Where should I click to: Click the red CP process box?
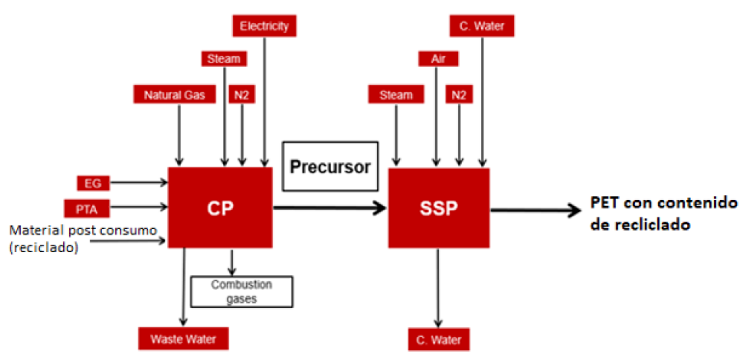tap(220, 208)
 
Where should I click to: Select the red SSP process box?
tap(439, 208)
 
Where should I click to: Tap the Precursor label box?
tap(330, 167)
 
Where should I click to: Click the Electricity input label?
tap(264, 27)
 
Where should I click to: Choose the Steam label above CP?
tap(224, 59)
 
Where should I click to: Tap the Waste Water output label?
tap(182, 338)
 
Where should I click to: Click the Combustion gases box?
tap(241, 292)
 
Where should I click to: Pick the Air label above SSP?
tap(437, 59)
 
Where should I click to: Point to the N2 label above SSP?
tap(459, 94)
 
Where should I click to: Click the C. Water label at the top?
tap(482, 27)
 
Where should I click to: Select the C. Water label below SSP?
tap(439, 340)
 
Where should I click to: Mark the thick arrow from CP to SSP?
tap(330, 209)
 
